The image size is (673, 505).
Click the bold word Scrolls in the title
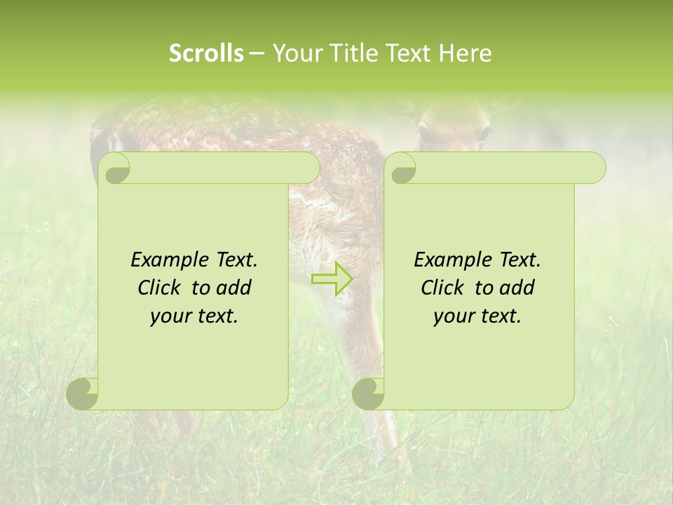click(x=206, y=53)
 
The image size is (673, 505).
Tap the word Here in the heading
click(x=465, y=53)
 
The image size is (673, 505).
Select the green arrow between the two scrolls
click(x=332, y=278)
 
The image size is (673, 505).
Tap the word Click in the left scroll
click(x=159, y=288)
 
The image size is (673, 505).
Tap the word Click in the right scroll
click(x=442, y=288)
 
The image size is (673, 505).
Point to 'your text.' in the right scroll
click(x=477, y=316)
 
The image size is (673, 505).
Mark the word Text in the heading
click(x=409, y=53)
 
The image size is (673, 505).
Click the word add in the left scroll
click(x=233, y=288)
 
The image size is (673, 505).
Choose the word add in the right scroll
click(x=517, y=288)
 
